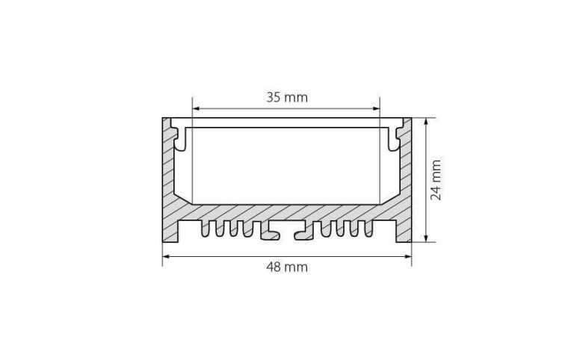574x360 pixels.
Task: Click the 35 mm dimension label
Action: [287, 97]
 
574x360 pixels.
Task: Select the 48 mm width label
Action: [287, 267]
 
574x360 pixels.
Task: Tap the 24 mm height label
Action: [436, 180]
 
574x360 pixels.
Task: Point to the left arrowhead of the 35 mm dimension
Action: [197, 108]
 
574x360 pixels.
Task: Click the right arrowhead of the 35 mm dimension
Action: [376, 108]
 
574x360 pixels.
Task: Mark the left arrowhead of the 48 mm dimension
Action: [167, 256]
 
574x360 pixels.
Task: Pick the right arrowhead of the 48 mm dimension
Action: [407, 256]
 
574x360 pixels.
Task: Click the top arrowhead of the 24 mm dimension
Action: [426, 122]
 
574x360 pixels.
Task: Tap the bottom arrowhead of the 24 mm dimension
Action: [426, 238]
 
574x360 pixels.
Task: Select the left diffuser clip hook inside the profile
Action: [179, 138]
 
